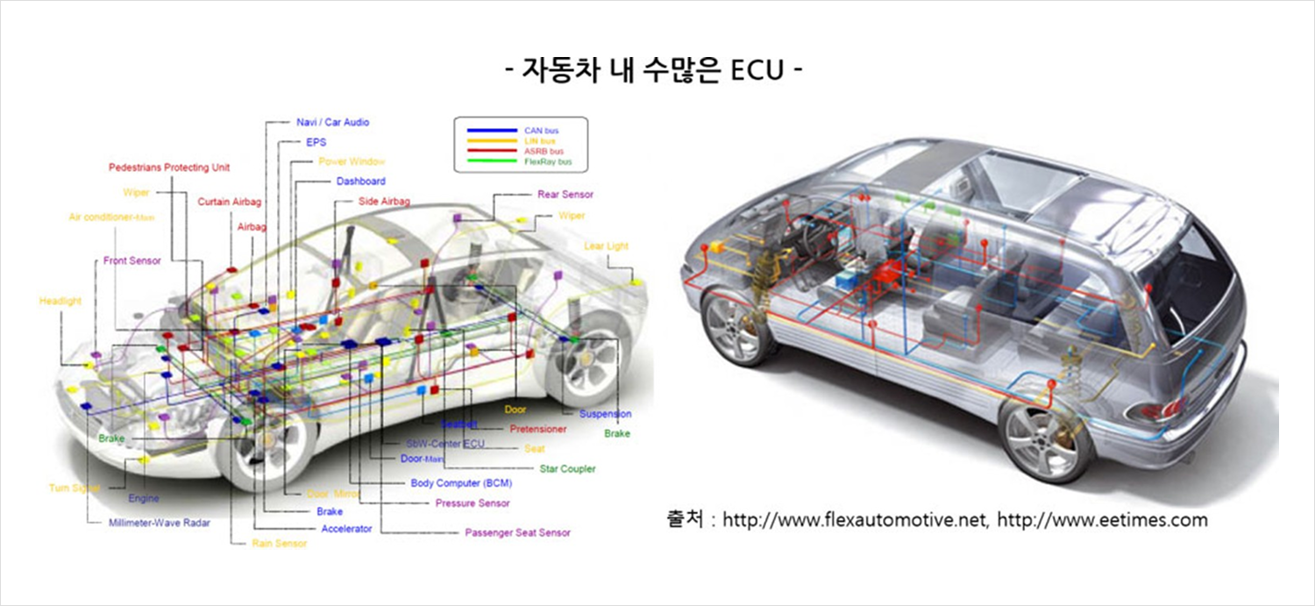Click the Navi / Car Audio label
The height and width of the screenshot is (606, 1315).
tap(332, 122)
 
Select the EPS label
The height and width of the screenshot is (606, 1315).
tap(316, 141)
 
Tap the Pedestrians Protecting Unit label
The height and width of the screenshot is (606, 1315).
tap(169, 168)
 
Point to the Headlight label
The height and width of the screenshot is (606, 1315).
tap(60, 301)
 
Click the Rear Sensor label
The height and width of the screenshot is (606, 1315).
tap(565, 194)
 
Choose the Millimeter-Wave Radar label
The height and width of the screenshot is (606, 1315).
tap(159, 523)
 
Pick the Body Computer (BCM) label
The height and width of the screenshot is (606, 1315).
tap(461, 483)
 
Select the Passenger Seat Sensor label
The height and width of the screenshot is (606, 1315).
tap(517, 532)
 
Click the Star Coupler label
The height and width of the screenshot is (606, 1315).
tap(567, 469)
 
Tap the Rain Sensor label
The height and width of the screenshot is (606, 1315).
tap(279, 544)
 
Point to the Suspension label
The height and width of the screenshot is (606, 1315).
tap(605, 414)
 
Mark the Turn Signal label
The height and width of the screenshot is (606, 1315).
tap(75, 488)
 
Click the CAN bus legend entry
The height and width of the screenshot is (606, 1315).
tap(541, 131)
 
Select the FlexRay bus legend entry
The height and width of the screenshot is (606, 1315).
tap(547, 162)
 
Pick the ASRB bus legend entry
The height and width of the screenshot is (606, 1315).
tap(544, 152)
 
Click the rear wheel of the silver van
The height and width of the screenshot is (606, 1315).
tap(1047, 438)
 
